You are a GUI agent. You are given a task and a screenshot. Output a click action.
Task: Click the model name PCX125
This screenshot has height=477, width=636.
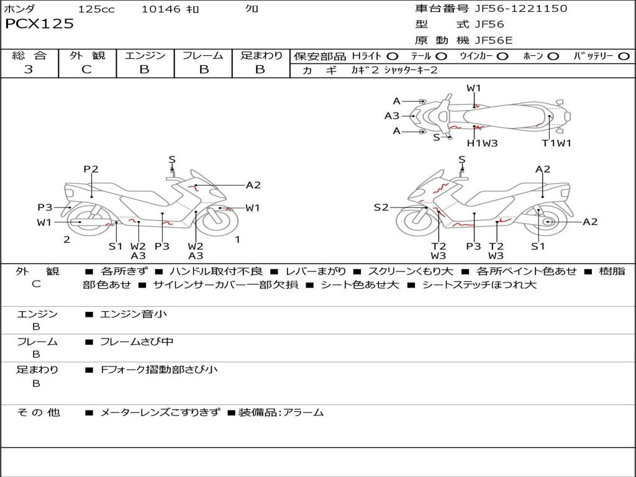coord(39,24)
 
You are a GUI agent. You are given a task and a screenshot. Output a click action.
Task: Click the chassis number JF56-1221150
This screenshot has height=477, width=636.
coord(512,9)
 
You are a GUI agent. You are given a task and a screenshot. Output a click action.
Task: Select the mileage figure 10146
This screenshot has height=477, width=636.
coord(161,9)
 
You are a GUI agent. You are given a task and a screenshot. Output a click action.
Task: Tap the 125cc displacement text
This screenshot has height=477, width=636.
coord(96,9)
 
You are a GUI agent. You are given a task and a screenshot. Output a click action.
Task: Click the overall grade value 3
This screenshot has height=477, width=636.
coord(29,70)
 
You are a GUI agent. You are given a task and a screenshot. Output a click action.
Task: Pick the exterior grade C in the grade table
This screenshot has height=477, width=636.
coord(87,70)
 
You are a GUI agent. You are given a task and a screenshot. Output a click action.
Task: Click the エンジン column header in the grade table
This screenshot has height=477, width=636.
coord(145,56)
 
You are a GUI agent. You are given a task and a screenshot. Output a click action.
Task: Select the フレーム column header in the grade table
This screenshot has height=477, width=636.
coord(203,56)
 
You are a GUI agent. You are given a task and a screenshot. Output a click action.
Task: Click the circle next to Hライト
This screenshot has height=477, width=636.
coord(393,57)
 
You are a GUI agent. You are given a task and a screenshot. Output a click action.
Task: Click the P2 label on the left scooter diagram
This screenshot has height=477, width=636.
coord(91,169)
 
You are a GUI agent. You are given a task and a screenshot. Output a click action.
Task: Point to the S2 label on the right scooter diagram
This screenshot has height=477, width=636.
coord(381,207)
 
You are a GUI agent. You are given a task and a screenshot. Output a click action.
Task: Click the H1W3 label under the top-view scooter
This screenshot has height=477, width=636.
coord(483,143)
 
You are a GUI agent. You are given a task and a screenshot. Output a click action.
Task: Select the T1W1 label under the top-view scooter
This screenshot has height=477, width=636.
coord(556,143)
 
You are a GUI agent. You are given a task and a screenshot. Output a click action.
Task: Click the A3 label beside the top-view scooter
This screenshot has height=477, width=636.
coord(392,116)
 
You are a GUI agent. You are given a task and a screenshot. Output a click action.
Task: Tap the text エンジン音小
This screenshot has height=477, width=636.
coord(134,314)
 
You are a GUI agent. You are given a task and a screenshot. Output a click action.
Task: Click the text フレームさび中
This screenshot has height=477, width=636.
coord(137,342)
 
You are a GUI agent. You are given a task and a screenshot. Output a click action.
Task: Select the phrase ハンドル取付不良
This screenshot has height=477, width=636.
coord(216,271)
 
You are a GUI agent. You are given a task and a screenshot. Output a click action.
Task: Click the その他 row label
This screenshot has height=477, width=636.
coord(39,412)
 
